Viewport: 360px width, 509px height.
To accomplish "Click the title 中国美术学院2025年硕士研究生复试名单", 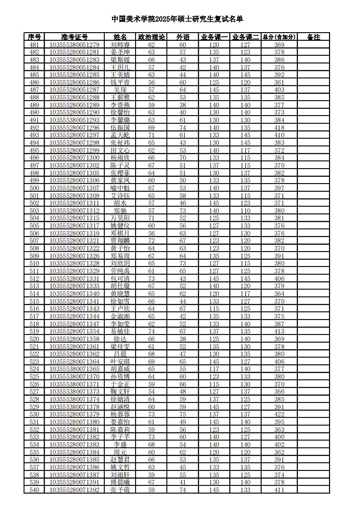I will pos(177,19).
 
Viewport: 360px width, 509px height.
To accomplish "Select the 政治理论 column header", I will pos(151,37).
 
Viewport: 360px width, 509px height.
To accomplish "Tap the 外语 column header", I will pos(183,37).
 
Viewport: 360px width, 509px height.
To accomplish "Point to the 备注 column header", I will pos(313,37).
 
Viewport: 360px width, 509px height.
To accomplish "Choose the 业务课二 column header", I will pos(245,37).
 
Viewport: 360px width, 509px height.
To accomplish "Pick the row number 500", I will pos(34,188).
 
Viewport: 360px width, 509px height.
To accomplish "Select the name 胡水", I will pos(120,203).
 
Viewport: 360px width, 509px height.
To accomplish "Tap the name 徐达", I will pos(120,339).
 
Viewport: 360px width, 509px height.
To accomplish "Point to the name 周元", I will pos(120,452).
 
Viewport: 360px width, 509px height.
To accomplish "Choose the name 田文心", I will pos(120,150).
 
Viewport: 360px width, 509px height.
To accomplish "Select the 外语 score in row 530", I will pos(183,414).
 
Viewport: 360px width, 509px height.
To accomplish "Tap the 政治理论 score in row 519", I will pos(151,331).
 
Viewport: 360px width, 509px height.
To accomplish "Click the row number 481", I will pos(34,45).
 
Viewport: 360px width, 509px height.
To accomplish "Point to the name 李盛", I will pos(120,445).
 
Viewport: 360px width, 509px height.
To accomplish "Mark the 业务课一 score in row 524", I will pos(214,369).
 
